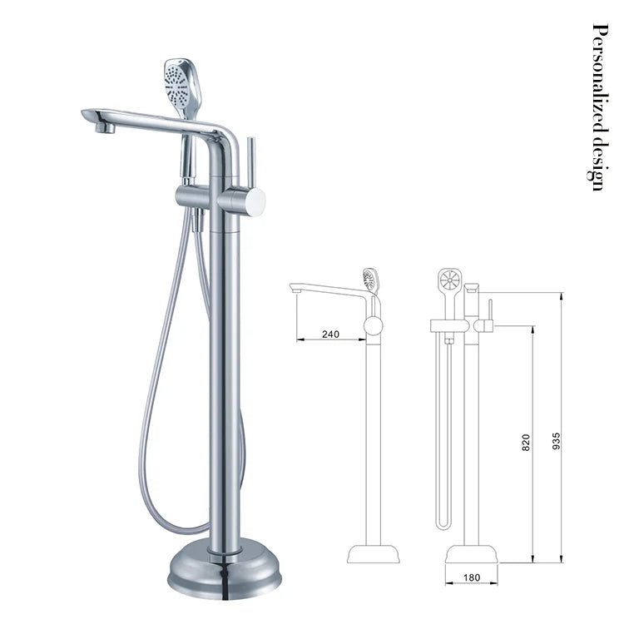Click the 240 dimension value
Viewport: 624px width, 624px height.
click(330, 334)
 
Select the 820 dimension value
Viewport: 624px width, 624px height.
click(525, 443)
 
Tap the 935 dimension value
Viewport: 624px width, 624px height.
click(556, 441)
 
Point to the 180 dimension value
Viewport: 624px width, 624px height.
click(472, 577)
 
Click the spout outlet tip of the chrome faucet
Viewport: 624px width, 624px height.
click(106, 128)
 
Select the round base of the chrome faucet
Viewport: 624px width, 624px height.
click(225, 568)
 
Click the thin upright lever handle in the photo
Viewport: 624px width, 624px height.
click(251, 163)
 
